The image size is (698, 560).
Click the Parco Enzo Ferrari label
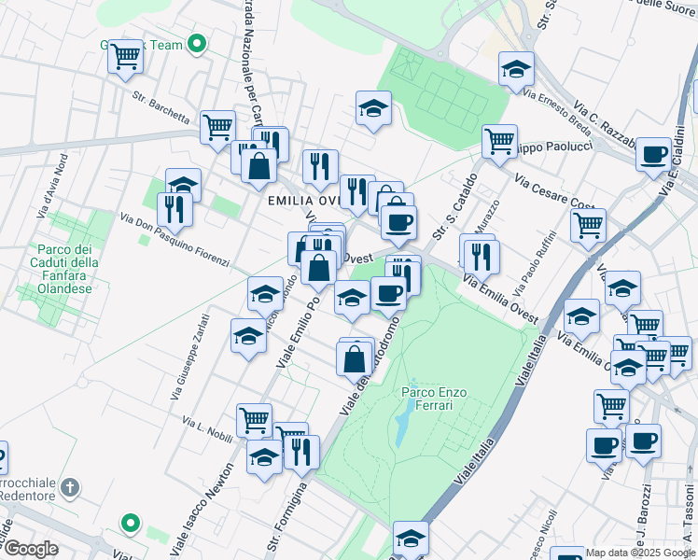433,399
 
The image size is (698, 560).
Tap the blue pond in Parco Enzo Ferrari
400,428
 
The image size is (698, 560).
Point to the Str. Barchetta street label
161,107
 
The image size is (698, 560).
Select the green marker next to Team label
197,43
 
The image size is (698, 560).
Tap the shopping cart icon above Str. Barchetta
125,58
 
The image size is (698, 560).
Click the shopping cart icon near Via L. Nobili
254,419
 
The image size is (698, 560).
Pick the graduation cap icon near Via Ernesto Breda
515,68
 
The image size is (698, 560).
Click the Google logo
31,549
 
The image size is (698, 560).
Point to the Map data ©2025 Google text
640,553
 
